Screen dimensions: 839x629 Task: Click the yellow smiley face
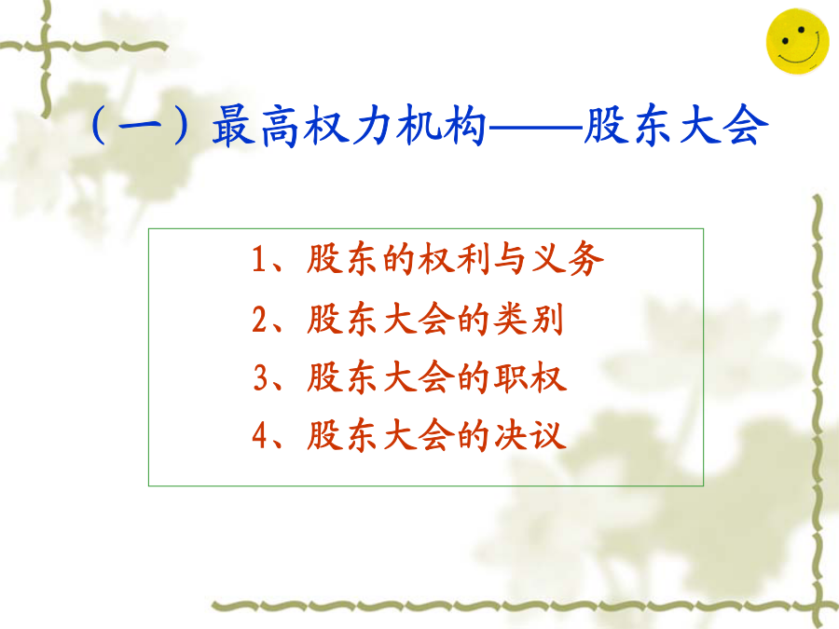click(x=797, y=41)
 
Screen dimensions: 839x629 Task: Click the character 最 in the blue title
click(x=234, y=126)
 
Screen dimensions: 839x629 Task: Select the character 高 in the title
click(x=280, y=126)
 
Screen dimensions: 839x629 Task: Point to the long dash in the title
click(x=535, y=129)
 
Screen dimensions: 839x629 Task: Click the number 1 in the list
click(x=259, y=259)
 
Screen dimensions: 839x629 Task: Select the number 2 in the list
click(x=260, y=320)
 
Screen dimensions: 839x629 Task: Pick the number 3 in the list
click(x=261, y=377)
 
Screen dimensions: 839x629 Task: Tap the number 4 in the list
click(x=260, y=435)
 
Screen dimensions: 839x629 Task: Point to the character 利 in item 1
click(x=474, y=259)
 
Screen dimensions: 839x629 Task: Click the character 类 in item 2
click(x=511, y=320)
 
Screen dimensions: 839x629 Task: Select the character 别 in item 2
click(x=547, y=320)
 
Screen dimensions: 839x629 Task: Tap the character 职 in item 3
click(x=511, y=377)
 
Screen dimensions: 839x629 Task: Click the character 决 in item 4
click(x=511, y=435)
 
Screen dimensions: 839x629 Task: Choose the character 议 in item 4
click(x=548, y=435)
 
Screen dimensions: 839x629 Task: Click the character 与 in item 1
click(x=511, y=259)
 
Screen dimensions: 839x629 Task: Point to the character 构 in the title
click(x=464, y=126)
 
